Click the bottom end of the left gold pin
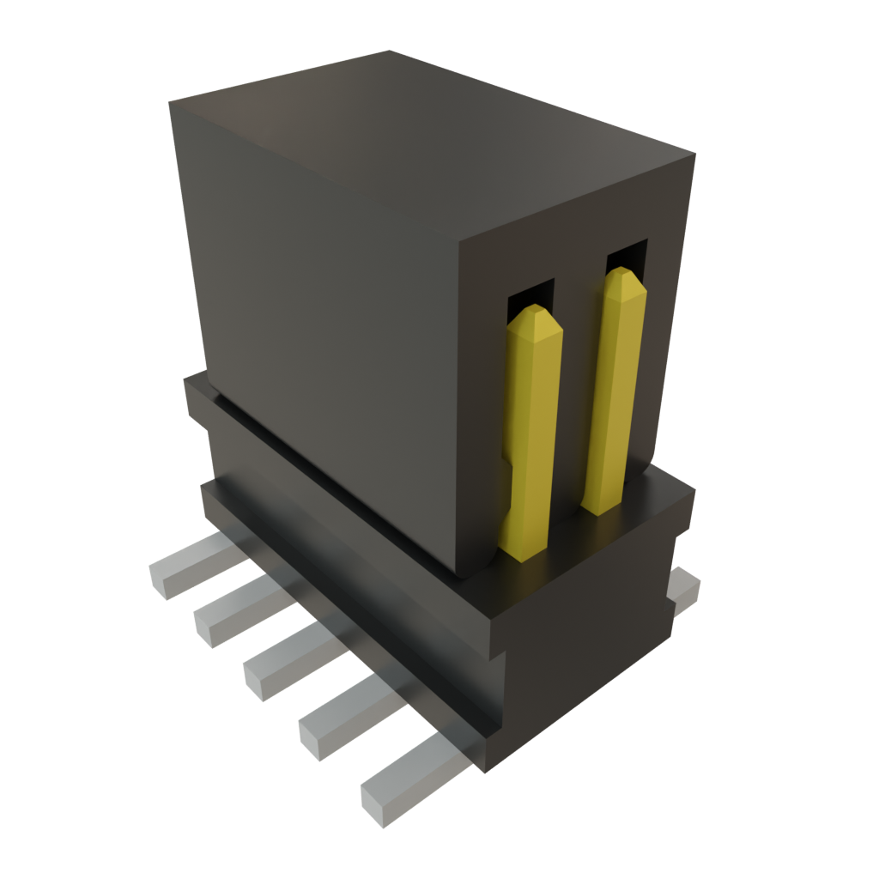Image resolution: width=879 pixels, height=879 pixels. coord(524,549)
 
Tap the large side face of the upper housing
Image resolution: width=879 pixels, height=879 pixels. coord(326,326)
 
